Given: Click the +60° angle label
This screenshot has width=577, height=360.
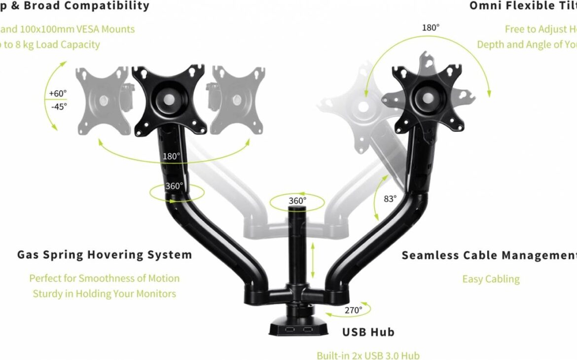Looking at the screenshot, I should pos(58,93).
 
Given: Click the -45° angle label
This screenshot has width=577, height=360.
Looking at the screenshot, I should pos(58,106).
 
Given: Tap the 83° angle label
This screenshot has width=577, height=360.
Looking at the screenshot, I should pos(390,199).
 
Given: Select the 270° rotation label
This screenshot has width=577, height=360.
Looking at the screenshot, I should pos(353,310).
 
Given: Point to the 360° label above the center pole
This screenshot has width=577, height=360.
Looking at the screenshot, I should pos(297,201).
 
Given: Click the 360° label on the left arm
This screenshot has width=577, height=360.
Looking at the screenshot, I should pos(174,186).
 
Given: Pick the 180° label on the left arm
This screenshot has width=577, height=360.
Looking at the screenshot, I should pos(172,156).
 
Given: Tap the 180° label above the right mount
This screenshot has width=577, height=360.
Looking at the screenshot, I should pos(430,28).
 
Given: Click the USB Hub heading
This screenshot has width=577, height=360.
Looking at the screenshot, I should pos(368,332).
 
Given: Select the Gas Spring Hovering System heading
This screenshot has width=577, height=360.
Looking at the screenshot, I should pos(105,255).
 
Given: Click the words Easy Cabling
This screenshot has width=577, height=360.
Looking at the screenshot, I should pos(491,279).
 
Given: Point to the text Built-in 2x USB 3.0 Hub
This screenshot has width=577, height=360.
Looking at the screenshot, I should pos(368,355).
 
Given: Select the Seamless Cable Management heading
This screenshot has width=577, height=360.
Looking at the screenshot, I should pos(489,255).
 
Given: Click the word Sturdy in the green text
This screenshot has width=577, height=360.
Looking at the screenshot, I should pos(48,294).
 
